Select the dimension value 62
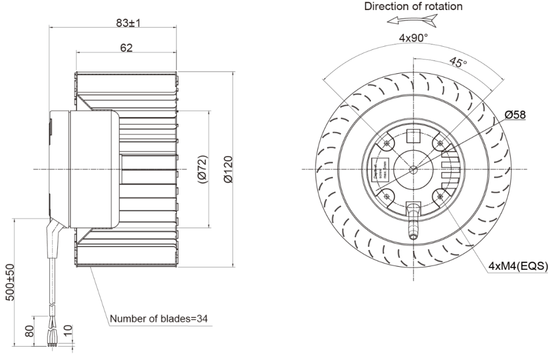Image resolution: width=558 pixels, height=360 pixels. tap(126, 48)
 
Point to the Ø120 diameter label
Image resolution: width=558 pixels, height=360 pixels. tap(228, 170)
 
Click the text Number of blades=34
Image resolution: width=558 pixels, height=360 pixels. tap(158, 319)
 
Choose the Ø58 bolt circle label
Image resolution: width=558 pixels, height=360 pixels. tap(515, 114)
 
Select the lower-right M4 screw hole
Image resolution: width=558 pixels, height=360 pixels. tap(440, 196)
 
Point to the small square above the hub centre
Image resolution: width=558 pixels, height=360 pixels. tap(413, 137)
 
